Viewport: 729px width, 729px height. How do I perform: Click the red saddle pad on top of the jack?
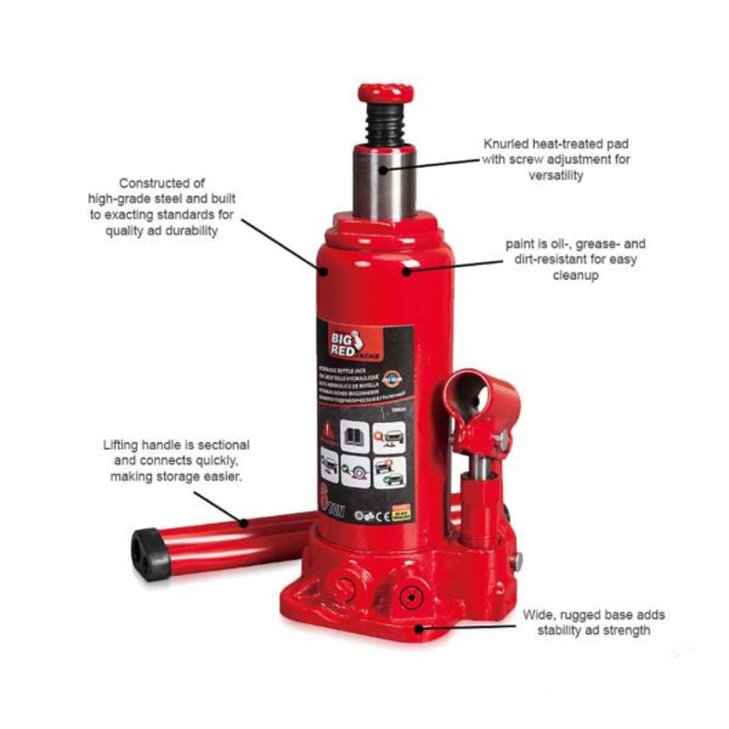coord(385,92)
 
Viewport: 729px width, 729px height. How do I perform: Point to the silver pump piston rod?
coord(476,464)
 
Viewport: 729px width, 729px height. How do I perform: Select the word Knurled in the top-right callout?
coord(507,144)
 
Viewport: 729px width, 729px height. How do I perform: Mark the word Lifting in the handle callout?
coord(122,445)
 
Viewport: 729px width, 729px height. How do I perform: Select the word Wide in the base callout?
coord(539,615)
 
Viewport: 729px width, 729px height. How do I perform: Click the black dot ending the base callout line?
coord(419,627)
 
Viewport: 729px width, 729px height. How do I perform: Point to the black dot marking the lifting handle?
coord(244,522)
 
